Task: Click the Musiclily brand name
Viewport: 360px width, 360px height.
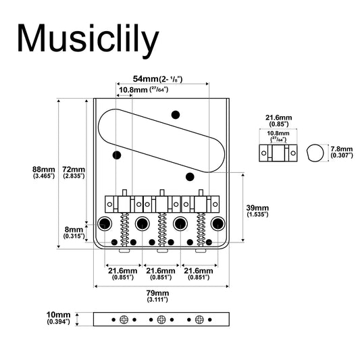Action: pyautogui.click(x=88, y=39)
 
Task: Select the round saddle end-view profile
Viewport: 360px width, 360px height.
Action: pyautogui.click(x=315, y=153)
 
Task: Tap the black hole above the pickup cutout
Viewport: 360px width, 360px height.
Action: pyautogui.click(x=176, y=115)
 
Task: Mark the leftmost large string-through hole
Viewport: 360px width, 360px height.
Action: pyautogui.click(x=105, y=224)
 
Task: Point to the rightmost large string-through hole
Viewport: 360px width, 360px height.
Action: pyautogui.click(x=218, y=224)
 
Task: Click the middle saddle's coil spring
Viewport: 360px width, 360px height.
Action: pyautogui.click(x=162, y=230)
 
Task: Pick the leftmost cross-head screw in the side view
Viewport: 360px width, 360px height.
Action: pyautogui.click(x=124, y=319)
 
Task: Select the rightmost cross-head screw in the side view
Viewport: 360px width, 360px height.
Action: pyautogui.click(x=199, y=319)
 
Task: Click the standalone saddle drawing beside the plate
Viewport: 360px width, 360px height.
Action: pyautogui.click(x=278, y=153)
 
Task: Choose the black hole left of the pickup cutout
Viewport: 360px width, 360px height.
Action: pyautogui.click(x=117, y=155)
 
